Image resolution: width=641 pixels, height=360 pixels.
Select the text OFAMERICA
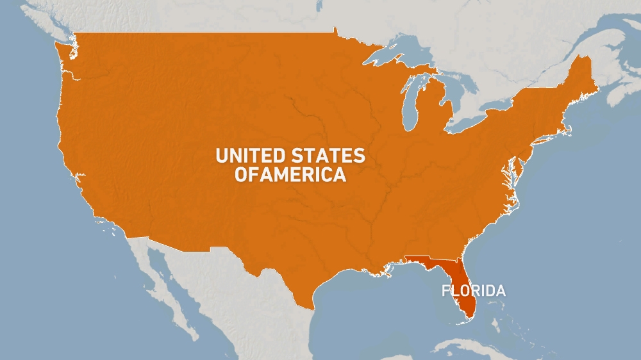(290, 175)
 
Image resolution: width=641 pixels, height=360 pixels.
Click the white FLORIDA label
(473, 291)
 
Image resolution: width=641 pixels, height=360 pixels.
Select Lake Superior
(397, 54)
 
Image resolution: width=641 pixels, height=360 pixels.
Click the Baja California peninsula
(160, 288)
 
